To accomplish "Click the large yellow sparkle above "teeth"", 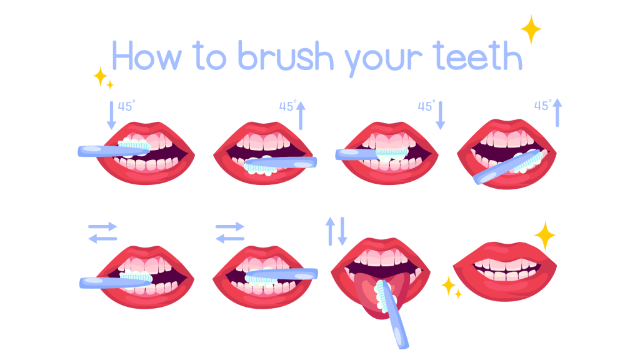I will tap(530, 29).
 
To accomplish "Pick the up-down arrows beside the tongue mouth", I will tap(336, 231).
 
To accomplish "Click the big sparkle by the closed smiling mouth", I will tap(544, 236).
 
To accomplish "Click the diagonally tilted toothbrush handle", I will tap(494, 172).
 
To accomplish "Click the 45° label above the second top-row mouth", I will tap(287, 106).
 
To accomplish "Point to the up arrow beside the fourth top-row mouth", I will tap(557, 112).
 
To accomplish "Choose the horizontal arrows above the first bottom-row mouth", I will tap(102, 232).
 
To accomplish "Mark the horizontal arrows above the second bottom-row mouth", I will tap(230, 232).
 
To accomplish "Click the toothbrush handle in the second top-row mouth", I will tap(294, 162).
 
